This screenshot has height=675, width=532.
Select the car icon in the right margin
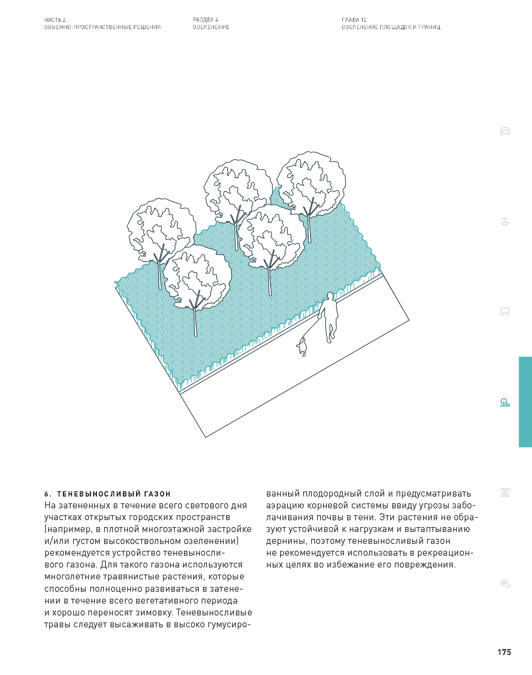(x=505, y=131)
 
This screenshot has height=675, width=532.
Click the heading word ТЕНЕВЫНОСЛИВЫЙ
(x=98, y=494)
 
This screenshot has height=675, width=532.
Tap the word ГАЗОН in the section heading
(x=157, y=494)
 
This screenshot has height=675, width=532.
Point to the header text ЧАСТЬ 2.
(x=55, y=20)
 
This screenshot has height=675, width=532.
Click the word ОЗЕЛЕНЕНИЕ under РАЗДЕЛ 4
(x=211, y=27)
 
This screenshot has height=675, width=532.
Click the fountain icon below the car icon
(x=505, y=222)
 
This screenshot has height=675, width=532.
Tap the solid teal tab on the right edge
(x=525, y=402)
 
